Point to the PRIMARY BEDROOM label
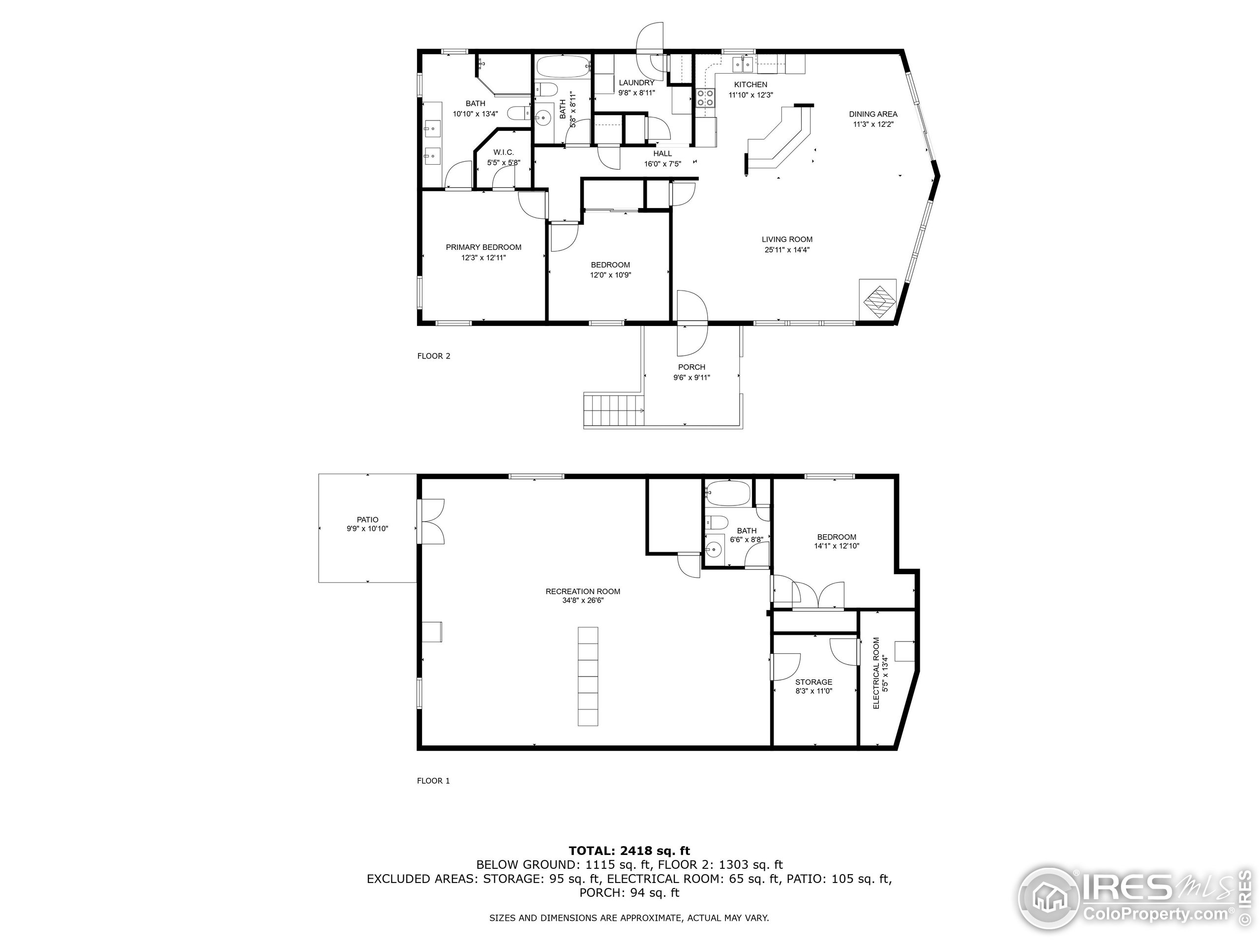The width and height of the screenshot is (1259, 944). (x=483, y=247)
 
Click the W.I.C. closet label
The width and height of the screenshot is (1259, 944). (x=503, y=152)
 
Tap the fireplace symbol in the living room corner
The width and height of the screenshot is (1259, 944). (x=877, y=299)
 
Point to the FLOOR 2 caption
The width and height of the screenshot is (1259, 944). (x=434, y=356)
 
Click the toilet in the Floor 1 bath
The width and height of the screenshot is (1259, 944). (x=717, y=522)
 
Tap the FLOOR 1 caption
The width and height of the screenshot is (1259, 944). (x=433, y=781)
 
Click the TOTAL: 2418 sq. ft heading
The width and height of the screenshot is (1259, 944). (x=629, y=851)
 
